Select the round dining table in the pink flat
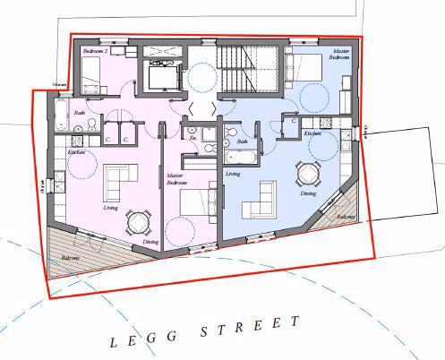pos(139,219)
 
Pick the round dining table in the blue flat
pos(307,174)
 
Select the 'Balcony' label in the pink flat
pos(71,257)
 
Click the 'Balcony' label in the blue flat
pos(345,218)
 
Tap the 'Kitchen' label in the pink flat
pos(77,151)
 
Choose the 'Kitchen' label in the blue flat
pos(312,133)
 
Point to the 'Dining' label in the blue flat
pos(307,193)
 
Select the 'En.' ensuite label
pos(192,137)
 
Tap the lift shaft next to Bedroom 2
pos(162,79)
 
